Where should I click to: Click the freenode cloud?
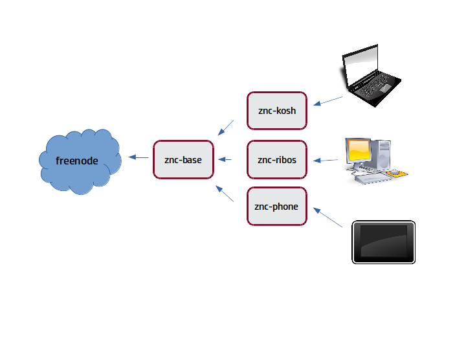coord(80,161)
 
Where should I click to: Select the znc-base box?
coord(183,160)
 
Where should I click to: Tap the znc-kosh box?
coord(277,111)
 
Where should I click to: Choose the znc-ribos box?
coord(277,160)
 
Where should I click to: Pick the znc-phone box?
coord(277,207)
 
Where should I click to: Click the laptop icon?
coord(371,76)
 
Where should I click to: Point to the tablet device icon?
coord(383,242)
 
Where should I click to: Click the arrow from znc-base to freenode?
coord(139,157)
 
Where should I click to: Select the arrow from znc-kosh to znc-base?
coord(226,128)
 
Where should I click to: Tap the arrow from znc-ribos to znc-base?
coord(225,160)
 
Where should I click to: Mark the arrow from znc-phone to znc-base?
coord(225,194)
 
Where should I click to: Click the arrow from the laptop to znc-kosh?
coord(327,101)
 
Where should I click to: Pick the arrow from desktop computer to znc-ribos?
coord(326,160)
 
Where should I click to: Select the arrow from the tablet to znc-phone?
coord(327,218)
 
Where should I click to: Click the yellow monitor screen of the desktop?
coord(359,150)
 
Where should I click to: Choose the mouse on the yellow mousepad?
coord(394,172)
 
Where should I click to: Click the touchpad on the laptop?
coord(386,88)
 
